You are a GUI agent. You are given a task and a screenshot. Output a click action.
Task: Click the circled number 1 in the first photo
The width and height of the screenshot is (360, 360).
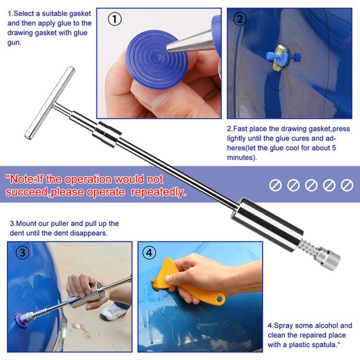click(115, 19)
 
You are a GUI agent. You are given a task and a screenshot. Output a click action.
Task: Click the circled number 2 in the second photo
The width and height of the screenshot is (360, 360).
click(240, 19)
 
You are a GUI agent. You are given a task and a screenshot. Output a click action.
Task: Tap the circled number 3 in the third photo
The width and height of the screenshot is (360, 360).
click(22, 253)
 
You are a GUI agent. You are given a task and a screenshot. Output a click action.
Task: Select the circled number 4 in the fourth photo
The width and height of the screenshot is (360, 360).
click(149, 253)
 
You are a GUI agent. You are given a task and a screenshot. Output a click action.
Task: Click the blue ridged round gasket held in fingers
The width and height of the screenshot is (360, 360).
click(157, 60)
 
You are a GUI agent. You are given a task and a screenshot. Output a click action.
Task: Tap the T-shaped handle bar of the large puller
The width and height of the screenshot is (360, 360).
click(50, 103)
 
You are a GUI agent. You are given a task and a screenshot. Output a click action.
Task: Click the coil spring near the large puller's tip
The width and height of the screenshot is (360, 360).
click(309, 246)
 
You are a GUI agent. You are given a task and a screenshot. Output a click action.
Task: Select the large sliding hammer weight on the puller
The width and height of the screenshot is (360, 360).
click(267, 224)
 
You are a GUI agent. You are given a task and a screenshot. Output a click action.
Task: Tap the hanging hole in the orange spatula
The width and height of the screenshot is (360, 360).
click(220, 299)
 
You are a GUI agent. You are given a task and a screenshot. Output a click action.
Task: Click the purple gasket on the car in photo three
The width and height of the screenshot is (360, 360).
click(21, 320)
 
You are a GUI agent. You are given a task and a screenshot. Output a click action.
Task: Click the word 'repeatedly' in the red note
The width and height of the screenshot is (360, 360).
click(158, 192)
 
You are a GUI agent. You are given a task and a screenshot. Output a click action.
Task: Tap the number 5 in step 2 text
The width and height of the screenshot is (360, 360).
click(333, 148)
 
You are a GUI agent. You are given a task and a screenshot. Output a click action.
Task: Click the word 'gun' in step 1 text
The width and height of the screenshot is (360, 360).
click(14, 43)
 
